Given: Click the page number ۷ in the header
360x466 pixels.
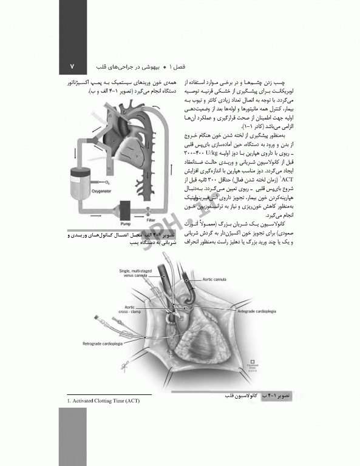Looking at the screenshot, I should click(72, 66).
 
